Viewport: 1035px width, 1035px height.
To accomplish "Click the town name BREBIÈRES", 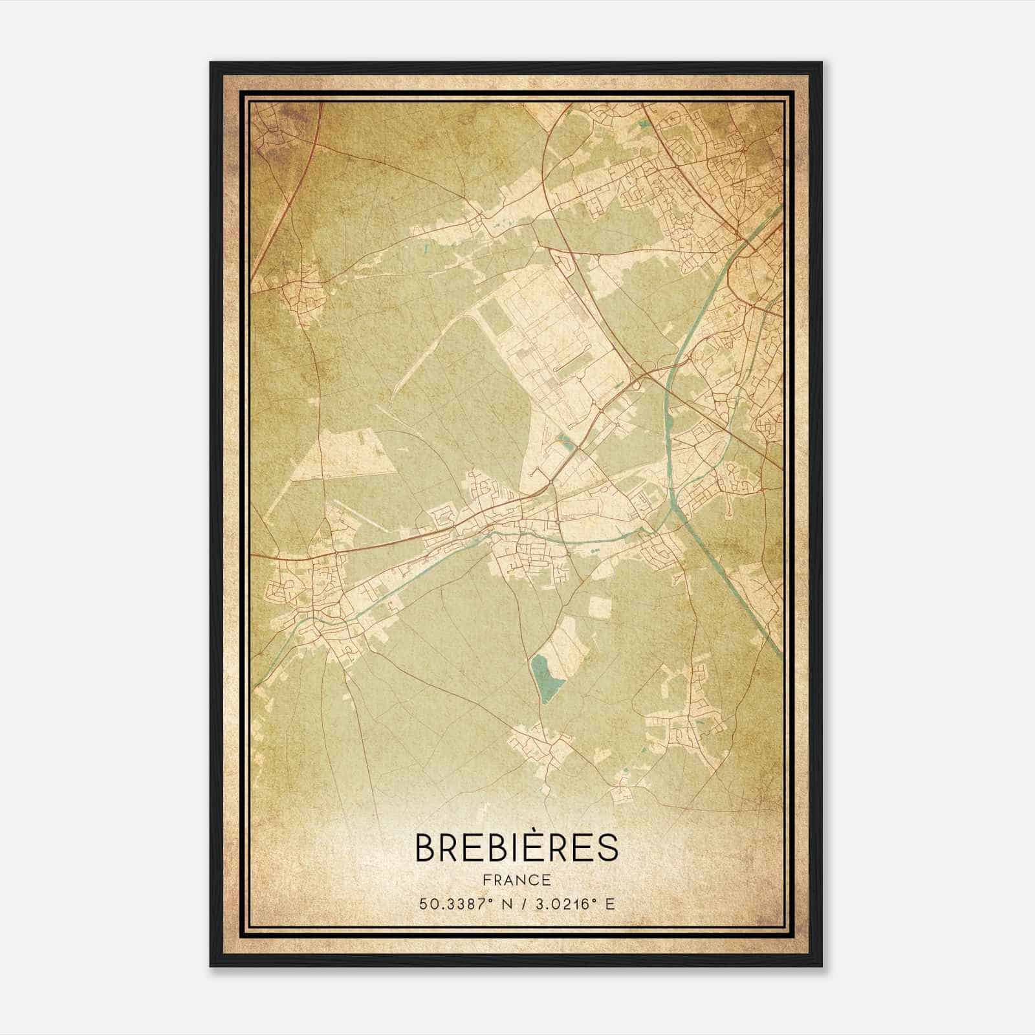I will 516,847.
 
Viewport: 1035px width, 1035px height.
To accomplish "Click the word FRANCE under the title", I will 516,880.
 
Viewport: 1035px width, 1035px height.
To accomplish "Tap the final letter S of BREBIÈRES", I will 607,848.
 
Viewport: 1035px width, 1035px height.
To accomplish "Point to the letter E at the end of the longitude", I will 610,904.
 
